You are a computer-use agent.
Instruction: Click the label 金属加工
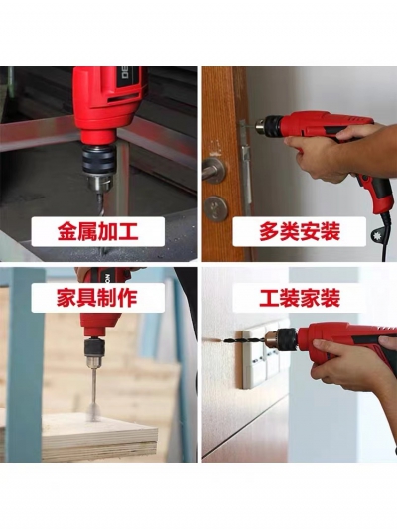pos(98,232)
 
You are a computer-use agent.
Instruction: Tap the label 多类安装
pos(299,231)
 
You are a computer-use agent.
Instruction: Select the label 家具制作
pos(97,297)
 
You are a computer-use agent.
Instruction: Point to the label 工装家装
pos(300,297)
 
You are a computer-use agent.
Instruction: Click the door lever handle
pos(213,170)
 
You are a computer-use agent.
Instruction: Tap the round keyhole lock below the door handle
pos(216,207)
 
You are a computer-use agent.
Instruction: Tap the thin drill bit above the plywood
pos(92,387)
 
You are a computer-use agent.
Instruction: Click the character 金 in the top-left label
pos(67,232)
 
